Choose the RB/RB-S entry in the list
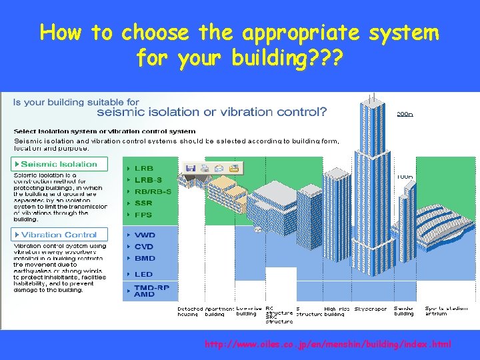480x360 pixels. pos(153,191)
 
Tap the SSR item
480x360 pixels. pos(143,203)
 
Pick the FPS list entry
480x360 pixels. pos(143,215)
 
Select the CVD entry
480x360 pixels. pos(144,247)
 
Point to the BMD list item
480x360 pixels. pos(144,258)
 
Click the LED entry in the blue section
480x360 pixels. pos(143,274)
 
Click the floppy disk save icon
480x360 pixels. pos(190,168)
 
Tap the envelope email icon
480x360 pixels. pos(219,168)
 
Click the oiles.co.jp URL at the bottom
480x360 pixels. pos(327,345)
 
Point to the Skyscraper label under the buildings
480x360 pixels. pos(370,309)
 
